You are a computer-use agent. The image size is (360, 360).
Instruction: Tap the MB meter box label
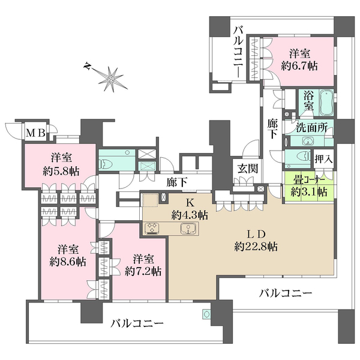click(x=35, y=133)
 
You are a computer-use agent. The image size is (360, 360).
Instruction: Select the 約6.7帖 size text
click(x=299, y=67)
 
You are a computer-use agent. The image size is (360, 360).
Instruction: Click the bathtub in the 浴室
click(x=327, y=102)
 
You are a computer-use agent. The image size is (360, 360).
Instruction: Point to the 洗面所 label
click(x=311, y=128)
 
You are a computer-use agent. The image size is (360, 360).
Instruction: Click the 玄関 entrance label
click(x=248, y=169)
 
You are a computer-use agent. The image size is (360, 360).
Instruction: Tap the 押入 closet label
click(x=323, y=159)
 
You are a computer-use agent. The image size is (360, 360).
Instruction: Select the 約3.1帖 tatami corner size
click(x=309, y=192)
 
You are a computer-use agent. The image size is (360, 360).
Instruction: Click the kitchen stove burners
click(x=152, y=229)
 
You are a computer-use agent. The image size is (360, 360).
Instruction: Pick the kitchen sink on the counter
click(x=188, y=229)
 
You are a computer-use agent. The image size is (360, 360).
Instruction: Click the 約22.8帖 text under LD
click(x=256, y=247)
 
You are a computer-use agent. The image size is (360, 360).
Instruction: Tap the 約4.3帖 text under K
click(x=190, y=215)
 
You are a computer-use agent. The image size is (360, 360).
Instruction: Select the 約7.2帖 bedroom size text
click(x=143, y=272)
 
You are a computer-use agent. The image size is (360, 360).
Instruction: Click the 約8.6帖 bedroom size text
click(x=68, y=262)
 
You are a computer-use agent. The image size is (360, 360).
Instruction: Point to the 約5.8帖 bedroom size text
click(x=61, y=172)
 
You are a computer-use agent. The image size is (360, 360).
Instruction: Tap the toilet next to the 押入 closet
click(x=304, y=157)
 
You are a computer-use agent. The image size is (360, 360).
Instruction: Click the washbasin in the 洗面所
click(x=306, y=142)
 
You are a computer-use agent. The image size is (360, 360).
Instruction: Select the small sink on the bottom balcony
click(x=206, y=314)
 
